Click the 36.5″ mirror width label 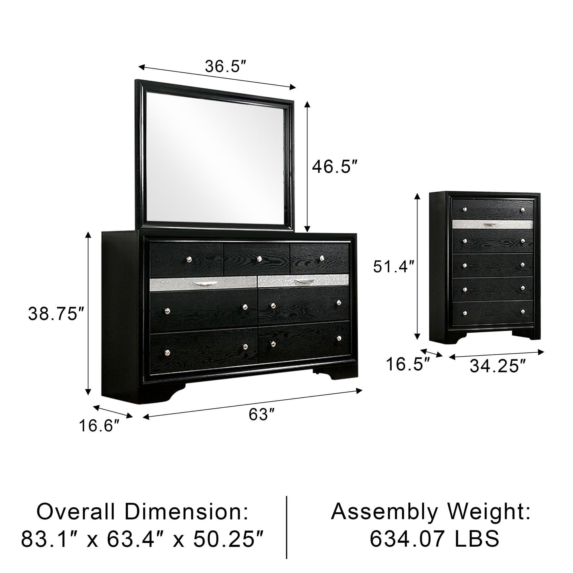pos(226,66)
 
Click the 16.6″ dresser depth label pos(99,426)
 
